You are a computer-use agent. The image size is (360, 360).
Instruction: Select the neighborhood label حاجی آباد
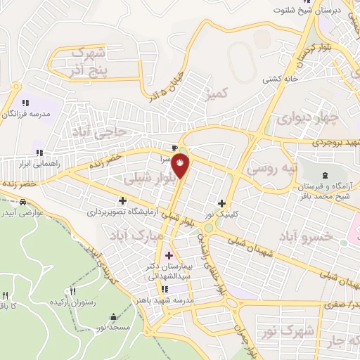[99, 130]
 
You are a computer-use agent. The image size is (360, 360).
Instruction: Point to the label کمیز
[216, 93]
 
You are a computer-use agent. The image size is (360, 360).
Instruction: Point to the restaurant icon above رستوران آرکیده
[72, 291]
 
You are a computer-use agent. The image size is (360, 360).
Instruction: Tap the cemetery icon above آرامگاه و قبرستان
[324, 175]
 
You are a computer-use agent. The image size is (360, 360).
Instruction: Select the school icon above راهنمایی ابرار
[39, 153]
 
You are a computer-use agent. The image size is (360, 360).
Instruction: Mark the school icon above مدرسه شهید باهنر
[165, 288]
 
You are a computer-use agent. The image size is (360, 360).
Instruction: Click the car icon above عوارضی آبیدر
[24, 202]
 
